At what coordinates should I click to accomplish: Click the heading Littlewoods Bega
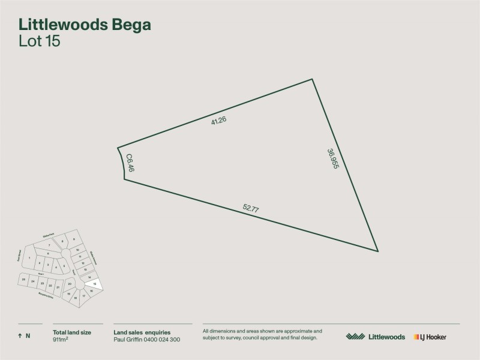pyautogui.click(x=85, y=25)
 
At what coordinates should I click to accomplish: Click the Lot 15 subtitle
pyautogui.click(x=40, y=41)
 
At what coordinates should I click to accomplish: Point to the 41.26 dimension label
pyautogui.click(x=218, y=120)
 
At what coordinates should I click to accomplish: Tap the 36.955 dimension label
pyautogui.click(x=333, y=158)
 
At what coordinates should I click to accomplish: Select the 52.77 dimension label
pyautogui.click(x=251, y=209)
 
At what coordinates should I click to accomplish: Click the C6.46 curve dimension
pyautogui.click(x=129, y=163)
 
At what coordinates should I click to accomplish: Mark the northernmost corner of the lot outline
pyautogui.click(x=312, y=79)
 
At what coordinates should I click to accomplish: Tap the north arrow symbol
pyautogui.click(x=20, y=336)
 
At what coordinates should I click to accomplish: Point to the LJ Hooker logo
pyautogui.click(x=430, y=337)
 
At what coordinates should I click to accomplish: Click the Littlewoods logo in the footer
pyautogui.click(x=376, y=337)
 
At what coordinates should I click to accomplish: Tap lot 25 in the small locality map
pyautogui.click(x=23, y=280)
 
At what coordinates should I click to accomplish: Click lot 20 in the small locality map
pyautogui.click(x=70, y=284)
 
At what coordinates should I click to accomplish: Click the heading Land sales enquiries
pyautogui.click(x=142, y=332)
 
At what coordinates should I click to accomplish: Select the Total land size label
pyautogui.click(x=72, y=332)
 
